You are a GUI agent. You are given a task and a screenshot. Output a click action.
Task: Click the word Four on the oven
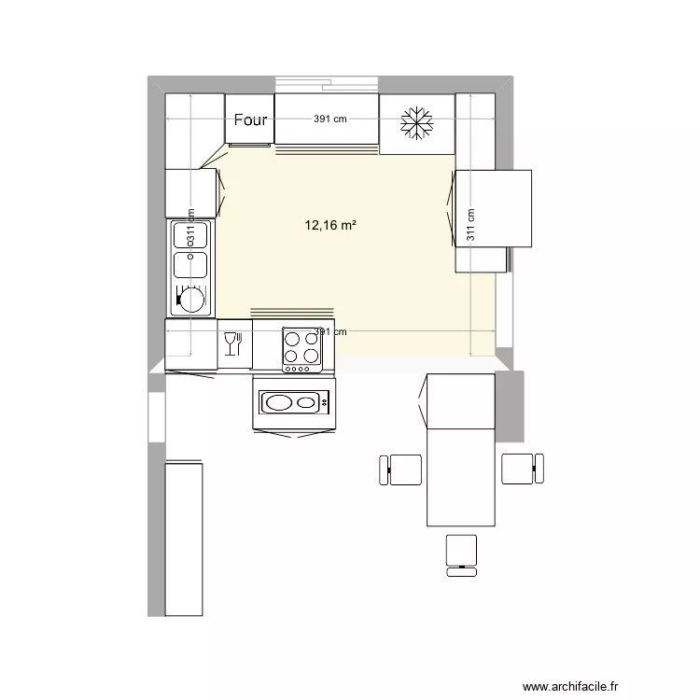click(250, 119)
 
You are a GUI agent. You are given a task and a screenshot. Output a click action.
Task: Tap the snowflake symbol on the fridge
click(417, 125)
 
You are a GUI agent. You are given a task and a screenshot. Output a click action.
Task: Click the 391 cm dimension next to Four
click(329, 119)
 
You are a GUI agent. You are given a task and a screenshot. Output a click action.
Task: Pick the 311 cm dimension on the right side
click(470, 225)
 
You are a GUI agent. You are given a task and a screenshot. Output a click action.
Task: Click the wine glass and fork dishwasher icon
click(233, 343)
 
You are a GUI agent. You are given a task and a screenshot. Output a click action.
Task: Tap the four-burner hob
click(302, 345)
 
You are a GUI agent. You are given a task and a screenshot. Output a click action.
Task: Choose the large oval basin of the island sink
click(279, 402)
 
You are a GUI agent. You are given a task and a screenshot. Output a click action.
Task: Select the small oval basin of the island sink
click(305, 402)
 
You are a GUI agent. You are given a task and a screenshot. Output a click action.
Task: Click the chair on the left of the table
click(402, 469)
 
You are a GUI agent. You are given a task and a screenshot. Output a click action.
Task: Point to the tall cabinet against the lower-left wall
click(184, 539)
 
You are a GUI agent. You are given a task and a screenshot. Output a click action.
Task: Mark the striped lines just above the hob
click(291, 313)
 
